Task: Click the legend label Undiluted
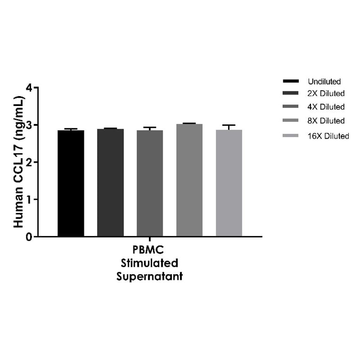tap(324, 82)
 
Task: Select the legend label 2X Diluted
tap(326, 93)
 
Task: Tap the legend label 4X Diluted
tap(326, 107)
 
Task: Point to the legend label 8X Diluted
tap(326, 121)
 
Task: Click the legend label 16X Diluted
tap(328, 136)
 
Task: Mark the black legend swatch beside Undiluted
tap(291, 82)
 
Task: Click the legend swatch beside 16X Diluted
tap(291, 136)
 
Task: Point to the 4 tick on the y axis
tap(30, 88)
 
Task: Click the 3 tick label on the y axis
tap(30, 125)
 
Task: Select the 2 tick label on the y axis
tap(30, 162)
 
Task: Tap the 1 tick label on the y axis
tap(30, 199)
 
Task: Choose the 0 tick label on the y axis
tap(30, 237)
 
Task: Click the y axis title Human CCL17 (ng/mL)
tap(18, 162)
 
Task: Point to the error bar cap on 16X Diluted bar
tap(229, 125)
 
